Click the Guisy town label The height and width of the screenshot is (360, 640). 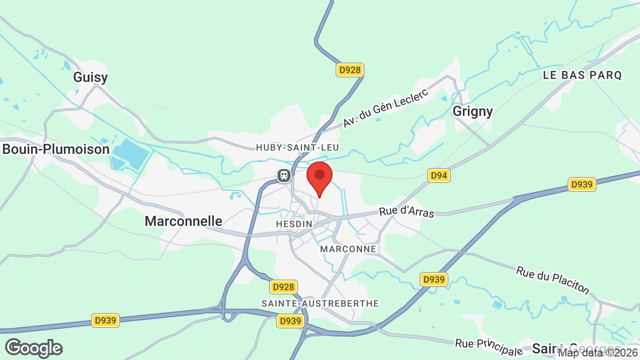tap(90, 77)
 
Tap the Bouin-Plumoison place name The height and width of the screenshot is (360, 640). tap(55, 149)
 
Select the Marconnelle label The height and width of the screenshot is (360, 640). tap(183, 221)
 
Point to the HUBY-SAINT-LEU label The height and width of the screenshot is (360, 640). tap(297, 147)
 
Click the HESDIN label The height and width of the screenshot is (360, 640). tap(294, 224)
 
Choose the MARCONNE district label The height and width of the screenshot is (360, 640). tap(348, 249)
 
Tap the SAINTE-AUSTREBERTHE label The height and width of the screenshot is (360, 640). tap(320, 303)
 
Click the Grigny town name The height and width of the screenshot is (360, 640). tap(472, 111)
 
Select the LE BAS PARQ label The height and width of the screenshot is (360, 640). tap(582, 75)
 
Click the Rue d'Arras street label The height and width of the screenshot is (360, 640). tap(406, 212)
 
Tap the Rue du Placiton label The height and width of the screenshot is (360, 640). tap(553, 280)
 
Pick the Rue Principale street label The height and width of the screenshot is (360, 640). tap(488, 346)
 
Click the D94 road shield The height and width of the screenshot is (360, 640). tap(439, 175)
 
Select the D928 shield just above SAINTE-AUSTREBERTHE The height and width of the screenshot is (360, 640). tap(283, 287)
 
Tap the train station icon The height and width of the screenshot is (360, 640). tap(284, 175)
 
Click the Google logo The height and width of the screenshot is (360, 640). tap(33, 348)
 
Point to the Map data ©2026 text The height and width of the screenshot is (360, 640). tap(598, 353)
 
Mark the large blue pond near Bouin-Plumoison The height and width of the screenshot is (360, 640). tap(130, 152)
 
